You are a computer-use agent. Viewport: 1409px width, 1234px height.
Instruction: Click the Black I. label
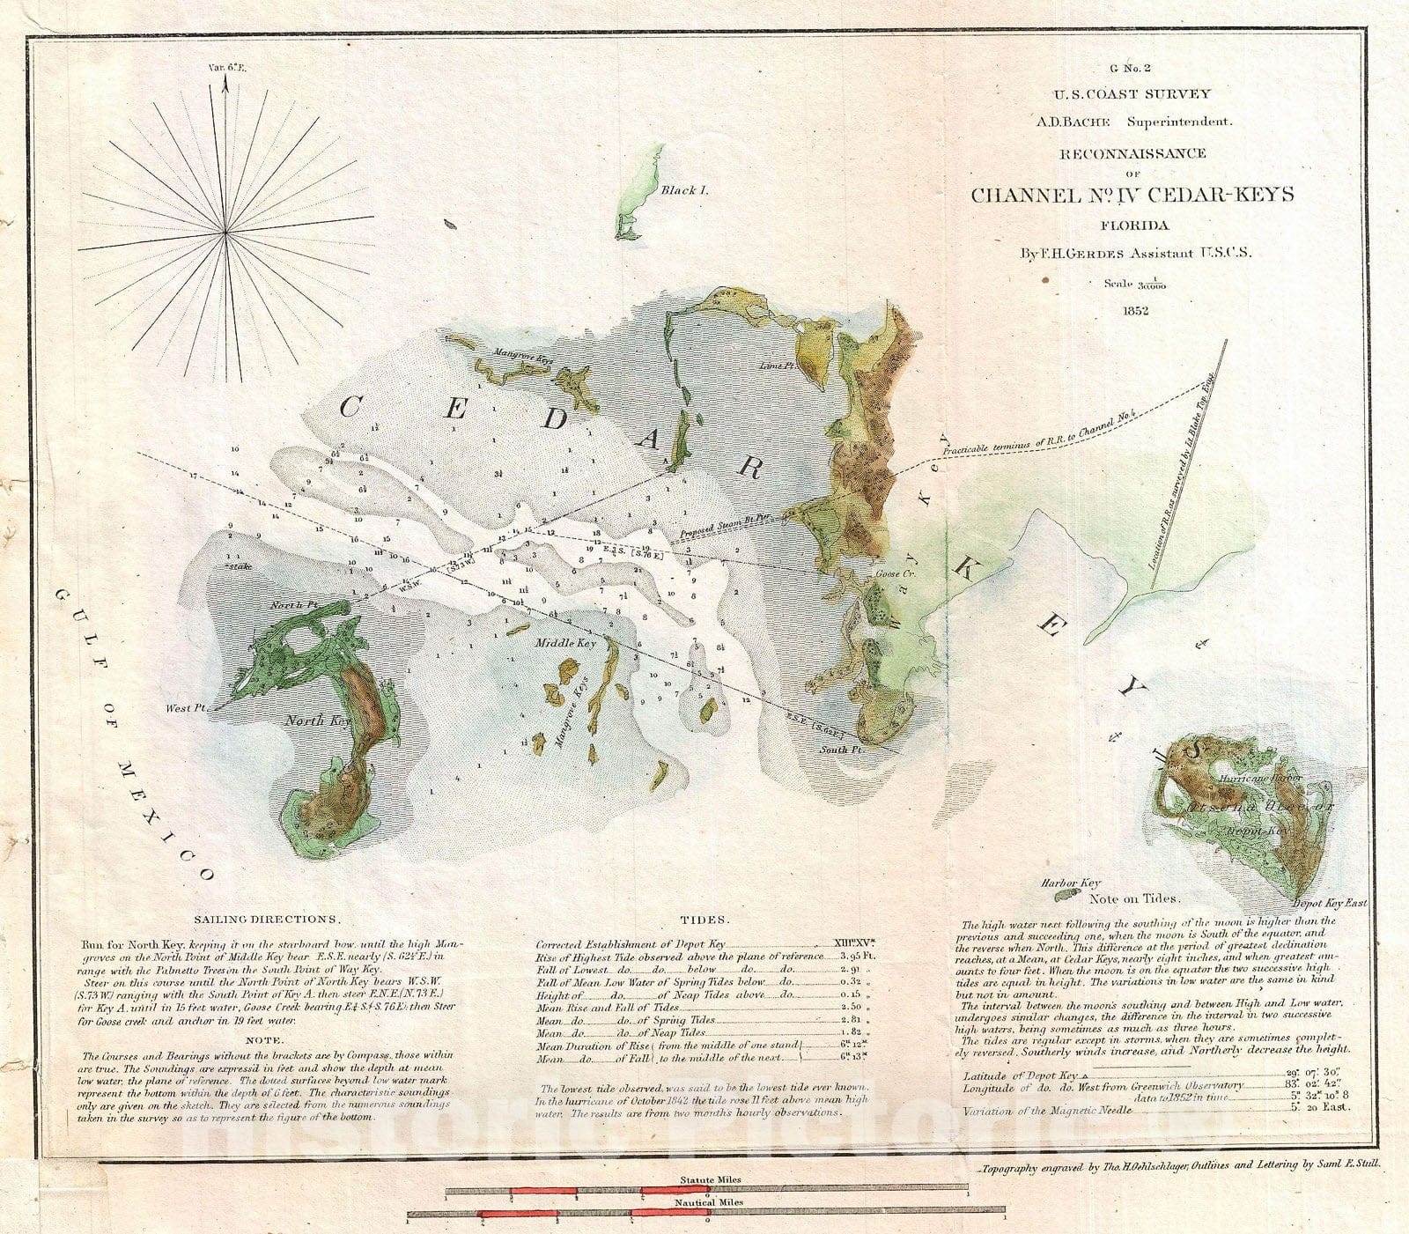[686, 189]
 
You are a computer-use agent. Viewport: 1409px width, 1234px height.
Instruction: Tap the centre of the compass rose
[226, 232]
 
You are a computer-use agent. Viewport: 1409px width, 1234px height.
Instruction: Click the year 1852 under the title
[1133, 309]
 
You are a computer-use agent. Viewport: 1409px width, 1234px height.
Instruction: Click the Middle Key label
[565, 643]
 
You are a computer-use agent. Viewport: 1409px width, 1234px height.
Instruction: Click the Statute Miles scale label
[709, 1179]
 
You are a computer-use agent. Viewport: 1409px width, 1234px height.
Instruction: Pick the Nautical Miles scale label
[709, 1201]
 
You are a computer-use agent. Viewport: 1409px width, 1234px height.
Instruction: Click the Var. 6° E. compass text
[225, 65]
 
